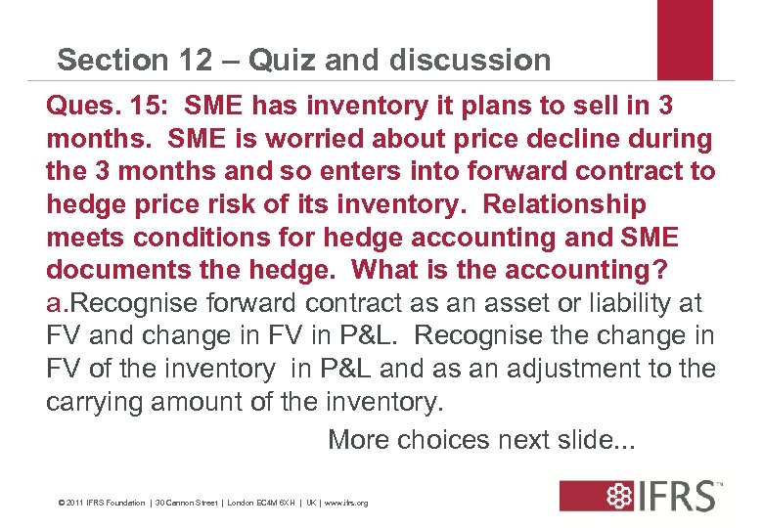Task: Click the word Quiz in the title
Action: pyautogui.click(x=283, y=61)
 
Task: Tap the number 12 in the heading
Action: pyautogui.click(x=189, y=61)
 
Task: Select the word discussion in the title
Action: pyautogui.click(x=470, y=61)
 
